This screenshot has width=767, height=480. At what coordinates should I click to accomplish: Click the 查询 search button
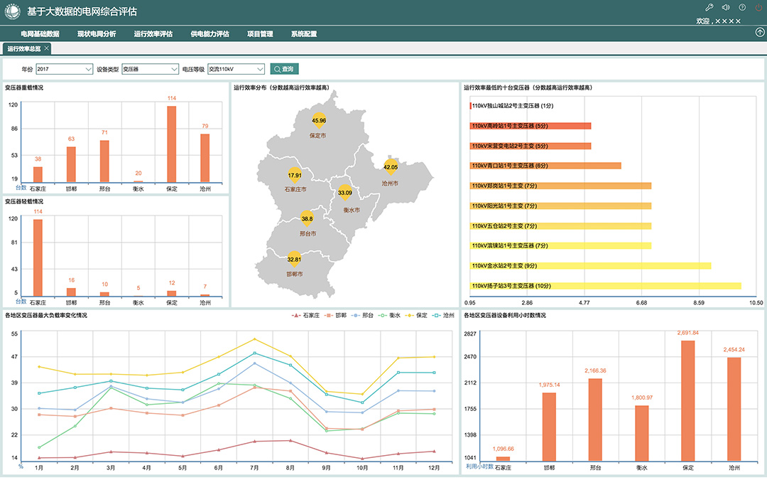click(285, 69)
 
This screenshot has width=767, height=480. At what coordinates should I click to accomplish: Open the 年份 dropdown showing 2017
click(64, 69)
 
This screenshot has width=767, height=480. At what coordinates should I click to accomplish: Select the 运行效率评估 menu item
click(153, 33)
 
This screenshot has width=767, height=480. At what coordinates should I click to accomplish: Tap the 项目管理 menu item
click(260, 33)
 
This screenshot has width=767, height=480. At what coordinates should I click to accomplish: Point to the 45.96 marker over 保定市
click(319, 120)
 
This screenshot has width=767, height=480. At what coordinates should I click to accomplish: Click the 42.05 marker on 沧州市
click(391, 166)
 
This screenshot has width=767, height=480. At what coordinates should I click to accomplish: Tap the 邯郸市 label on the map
click(294, 274)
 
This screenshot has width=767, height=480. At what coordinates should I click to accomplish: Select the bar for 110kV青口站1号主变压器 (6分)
click(545, 166)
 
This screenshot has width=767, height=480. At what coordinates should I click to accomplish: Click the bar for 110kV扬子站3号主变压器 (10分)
click(605, 286)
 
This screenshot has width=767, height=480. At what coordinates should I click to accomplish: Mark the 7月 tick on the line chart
click(254, 468)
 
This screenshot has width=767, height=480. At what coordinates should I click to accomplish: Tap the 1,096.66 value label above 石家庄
click(502, 449)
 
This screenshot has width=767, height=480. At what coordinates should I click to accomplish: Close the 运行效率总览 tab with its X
click(47, 48)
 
